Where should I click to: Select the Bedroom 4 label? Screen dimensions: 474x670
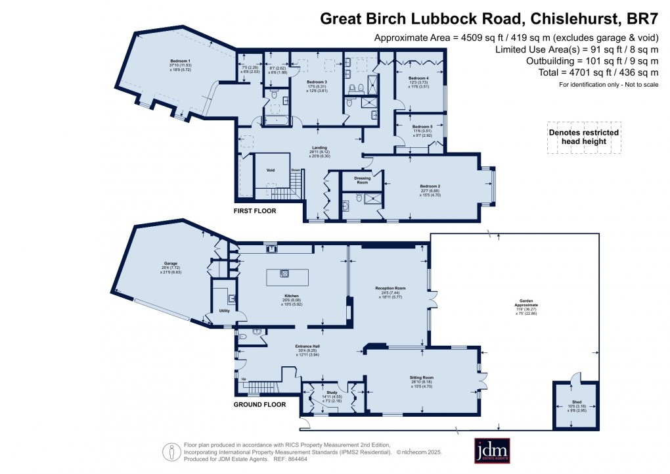[x=418, y=78]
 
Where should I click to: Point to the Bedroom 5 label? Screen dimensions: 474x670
[x=422, y=126]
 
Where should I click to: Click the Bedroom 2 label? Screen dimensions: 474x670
[x=430, y=185]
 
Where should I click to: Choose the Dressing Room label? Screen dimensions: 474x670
[x=363, y=178]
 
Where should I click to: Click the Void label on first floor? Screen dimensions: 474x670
[x=270, y=169]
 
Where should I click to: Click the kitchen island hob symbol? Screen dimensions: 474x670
[x=284, y=273]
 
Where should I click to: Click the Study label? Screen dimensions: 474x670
[x=331, y=392]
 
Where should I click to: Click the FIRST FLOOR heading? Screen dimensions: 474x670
[x=255, y=211]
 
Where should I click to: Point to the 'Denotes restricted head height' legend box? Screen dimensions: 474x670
[x=583, y=137]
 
